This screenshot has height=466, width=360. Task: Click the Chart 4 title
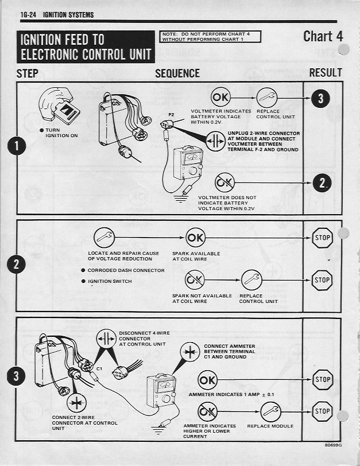point(323,36)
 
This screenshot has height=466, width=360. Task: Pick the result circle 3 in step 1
point(320,98)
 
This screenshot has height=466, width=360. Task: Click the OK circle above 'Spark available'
point(195,236)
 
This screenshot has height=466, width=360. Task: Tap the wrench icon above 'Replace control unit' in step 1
point(267,98)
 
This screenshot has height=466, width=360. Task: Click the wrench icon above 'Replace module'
point(270,411)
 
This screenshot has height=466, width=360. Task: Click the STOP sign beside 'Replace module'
point(322,411)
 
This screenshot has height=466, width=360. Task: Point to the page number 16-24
point(29,14)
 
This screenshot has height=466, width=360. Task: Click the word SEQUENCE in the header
point(177,73)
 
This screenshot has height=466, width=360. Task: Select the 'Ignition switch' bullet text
point(110,281)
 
